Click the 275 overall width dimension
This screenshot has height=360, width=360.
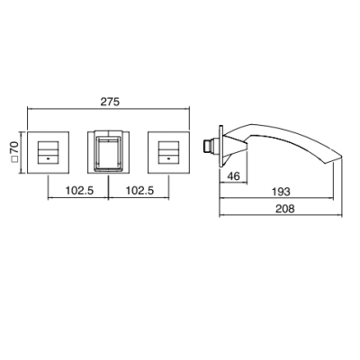click(110, 102)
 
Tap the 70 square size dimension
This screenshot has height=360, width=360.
click(14, 148)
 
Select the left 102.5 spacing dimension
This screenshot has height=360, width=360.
click(79, 190)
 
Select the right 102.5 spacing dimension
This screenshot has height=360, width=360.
click(139, 190)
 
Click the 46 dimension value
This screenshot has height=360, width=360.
click(233, 175)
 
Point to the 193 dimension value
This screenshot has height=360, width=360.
click(281, 192)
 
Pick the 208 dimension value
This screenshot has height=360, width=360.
click(284, 208)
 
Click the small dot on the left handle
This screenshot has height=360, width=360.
click(48, 157)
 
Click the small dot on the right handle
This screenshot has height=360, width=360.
click(168, 157)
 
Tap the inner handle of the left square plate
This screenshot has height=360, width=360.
click(48, 152)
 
